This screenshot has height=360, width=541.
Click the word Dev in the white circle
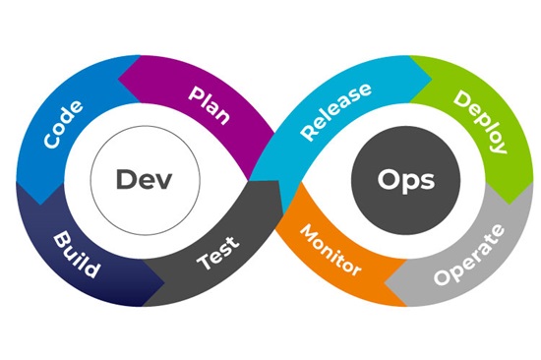click(x=144, y=181)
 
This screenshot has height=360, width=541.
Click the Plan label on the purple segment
click(x=209, y=103)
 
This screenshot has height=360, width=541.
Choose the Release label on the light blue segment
click(x=335, y=111)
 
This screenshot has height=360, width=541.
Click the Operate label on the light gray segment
click(x=482, y=253)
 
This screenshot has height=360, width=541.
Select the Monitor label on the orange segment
click(x=330, y=250)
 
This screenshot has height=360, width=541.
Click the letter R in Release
click(x=308, y=132)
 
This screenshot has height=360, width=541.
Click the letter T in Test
click(x=203, y=266)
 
